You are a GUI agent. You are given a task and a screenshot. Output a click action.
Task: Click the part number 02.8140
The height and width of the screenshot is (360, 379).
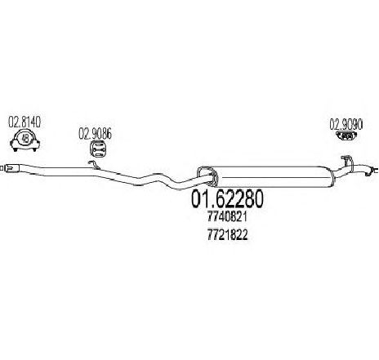25,122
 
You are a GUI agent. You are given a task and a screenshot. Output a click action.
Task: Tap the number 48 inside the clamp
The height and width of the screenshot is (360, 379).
25,139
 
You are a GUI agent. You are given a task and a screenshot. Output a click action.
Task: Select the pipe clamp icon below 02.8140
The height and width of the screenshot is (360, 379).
25,140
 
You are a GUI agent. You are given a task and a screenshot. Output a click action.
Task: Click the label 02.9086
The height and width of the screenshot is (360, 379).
95,134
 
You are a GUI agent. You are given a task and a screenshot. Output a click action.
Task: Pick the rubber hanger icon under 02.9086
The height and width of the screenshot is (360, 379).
98,149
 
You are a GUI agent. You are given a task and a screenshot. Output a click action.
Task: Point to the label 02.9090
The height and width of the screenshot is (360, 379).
346,124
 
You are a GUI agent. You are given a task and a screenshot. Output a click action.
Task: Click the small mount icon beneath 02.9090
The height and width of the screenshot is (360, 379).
347,136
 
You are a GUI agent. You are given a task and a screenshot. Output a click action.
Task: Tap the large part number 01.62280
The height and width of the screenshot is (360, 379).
227,199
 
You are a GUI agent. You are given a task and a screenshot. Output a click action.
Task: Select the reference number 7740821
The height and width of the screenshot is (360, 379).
227,217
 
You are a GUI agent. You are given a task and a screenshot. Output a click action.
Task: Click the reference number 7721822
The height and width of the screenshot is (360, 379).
227,235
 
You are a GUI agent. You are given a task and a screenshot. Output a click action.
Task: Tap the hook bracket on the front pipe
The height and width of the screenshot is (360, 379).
92,164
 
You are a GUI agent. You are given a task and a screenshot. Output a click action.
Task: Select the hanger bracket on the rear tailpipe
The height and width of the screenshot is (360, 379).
346,160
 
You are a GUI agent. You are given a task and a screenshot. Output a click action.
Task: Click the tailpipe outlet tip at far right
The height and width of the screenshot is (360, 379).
372,171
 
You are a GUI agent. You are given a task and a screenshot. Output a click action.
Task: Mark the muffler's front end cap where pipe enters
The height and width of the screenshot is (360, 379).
207,176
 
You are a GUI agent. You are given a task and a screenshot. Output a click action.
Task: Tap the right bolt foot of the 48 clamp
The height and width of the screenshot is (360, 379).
35,145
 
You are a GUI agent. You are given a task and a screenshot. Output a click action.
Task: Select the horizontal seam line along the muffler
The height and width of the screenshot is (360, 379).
274,178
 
